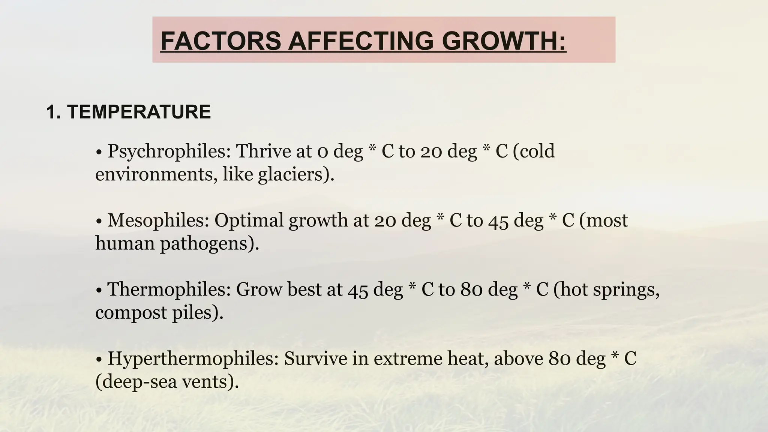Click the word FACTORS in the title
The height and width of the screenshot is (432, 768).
[220, 41]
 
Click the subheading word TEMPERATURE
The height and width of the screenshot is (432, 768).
[139, 112]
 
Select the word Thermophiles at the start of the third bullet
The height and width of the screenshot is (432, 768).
[169, 289]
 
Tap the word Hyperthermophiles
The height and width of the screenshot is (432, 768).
[193, 359]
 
